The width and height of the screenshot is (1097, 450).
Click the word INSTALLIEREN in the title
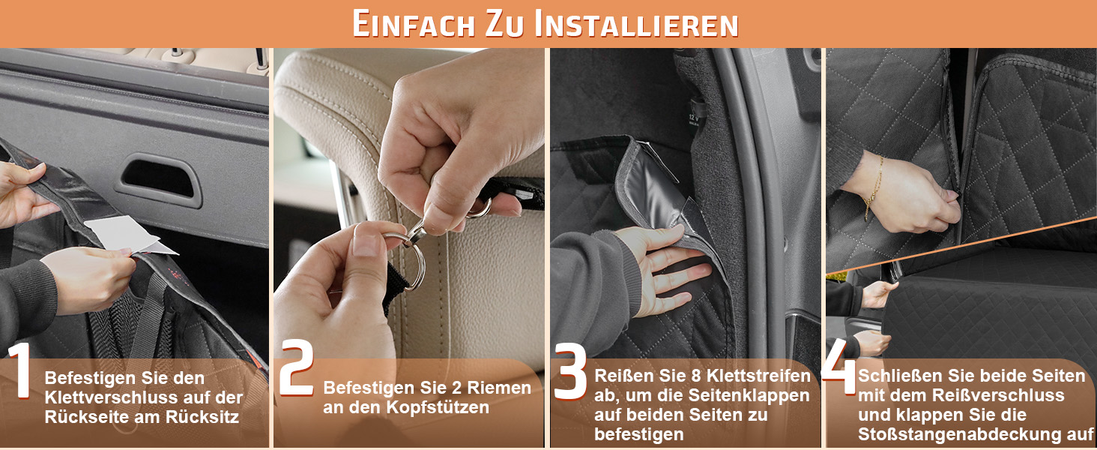coord(636,24)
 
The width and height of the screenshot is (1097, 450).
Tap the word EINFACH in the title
coord(414,24)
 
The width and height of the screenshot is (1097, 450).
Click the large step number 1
coord(20,370)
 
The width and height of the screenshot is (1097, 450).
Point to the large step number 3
coord(570,370)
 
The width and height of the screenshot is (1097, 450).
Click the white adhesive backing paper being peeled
coord(130,235)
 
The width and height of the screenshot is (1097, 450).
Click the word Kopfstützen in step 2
coord(438,407)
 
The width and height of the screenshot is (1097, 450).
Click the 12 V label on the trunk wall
coord(694,118)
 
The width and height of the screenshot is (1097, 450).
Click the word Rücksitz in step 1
coord(202,417)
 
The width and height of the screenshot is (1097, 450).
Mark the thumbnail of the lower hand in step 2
coord(364,244)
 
